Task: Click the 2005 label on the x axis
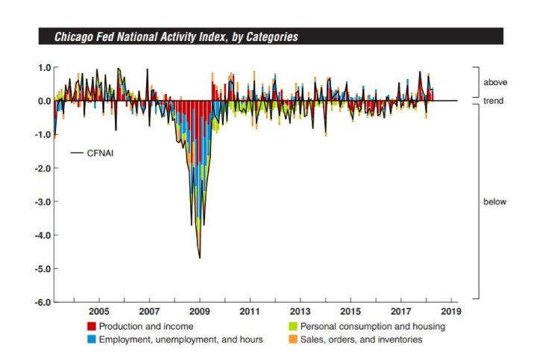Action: pos(99,312)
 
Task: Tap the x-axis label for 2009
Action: pos(200,312)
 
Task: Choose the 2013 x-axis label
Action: pos(300,312)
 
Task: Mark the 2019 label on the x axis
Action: pos(450,312)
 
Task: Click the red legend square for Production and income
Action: pos(92,326)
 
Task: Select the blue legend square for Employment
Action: pos(92,340)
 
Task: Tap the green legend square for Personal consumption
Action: pos(296,326)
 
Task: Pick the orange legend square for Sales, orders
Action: pos(296,340)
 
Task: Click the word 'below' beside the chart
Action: pos(495,202)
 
